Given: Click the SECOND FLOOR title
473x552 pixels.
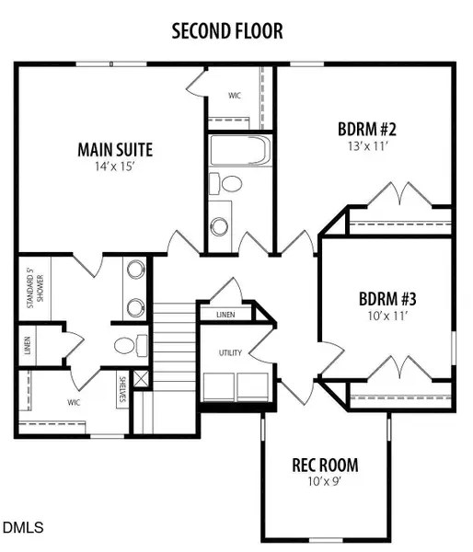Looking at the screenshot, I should [x=227, y=31].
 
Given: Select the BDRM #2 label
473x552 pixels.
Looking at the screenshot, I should [x=360, y=129].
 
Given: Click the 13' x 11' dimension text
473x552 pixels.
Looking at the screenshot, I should [x=360, y=145].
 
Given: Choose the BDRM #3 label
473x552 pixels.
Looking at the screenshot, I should [x=387, y=299].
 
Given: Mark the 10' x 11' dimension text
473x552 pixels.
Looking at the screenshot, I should [x=387, y=316].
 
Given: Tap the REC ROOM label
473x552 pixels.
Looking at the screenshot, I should [x=325, y=465].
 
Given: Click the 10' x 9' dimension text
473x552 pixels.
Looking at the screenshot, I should [x=325, y=481].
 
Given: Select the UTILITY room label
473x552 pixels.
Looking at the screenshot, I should [x=229, y=353].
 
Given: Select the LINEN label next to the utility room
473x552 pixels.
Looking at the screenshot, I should [x=225, y=316].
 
